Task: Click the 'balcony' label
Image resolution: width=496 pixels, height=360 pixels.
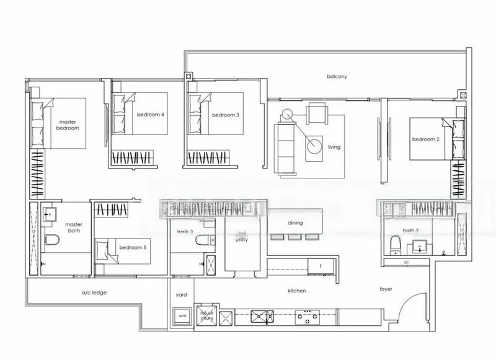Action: (337, 77)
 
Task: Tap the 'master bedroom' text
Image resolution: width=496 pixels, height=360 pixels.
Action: (68, 125)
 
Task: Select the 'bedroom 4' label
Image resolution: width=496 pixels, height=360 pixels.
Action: (151, 115)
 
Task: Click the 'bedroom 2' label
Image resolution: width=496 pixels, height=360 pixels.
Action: (426, 139)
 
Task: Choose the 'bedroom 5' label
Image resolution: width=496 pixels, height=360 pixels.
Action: (133, 247)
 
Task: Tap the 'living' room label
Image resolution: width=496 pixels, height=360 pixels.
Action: (334, 147)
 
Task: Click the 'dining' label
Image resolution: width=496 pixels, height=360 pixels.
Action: (294, 222)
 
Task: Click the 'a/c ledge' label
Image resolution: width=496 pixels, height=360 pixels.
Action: (95, 292)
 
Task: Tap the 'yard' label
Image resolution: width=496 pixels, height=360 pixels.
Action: (182, 295)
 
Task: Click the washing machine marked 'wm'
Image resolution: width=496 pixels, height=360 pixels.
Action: (182, 316)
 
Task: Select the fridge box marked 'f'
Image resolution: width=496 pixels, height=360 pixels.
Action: (320, 266)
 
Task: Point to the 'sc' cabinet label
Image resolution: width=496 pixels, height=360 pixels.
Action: (406, 262)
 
